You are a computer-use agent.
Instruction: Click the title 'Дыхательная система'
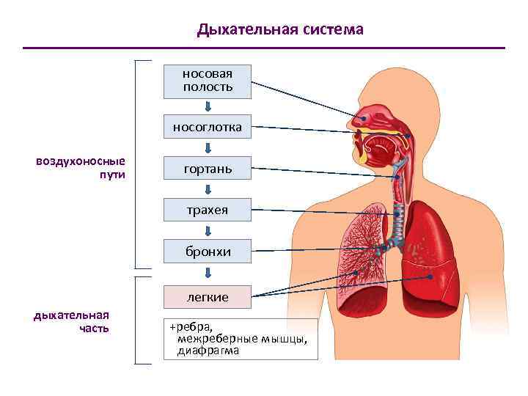[x=280, y=30]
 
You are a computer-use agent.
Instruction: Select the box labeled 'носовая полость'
[x=208, y=81]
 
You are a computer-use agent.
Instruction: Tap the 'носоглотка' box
[x=208, y=127]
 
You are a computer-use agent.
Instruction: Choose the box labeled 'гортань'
[x=208, y=169]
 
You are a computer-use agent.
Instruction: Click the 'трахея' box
[x=208, y=210]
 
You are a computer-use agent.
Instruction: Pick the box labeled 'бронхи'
[x=208, y=252]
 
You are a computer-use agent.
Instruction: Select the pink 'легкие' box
[x=208, y=297]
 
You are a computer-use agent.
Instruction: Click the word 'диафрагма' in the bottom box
[x=208, y=351]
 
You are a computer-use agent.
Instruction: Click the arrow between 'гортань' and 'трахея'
[x=208, y=190]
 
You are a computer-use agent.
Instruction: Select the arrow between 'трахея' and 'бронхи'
[x=208, y=231]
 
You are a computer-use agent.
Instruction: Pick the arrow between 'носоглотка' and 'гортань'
[x=208, y=148]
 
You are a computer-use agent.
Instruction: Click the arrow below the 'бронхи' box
[x=208, y=273]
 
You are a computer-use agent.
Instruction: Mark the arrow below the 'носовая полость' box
[x=208, y=106]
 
